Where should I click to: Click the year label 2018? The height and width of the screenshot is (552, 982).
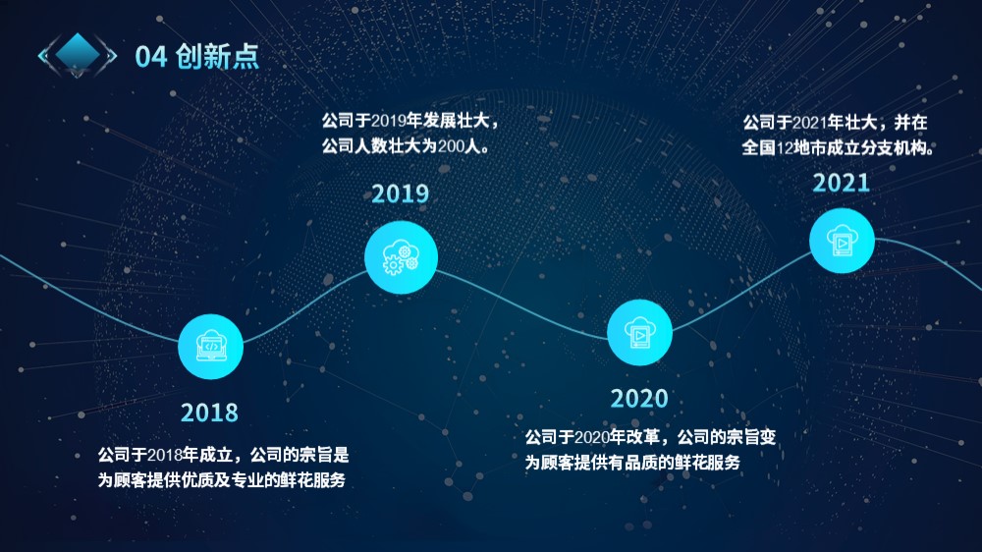[x=209, y=413]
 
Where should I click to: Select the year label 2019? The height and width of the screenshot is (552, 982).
[x=401, y=193]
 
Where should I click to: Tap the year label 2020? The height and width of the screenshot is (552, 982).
[x=639, y=399]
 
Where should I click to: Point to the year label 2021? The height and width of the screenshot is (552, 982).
[x=842, y=183]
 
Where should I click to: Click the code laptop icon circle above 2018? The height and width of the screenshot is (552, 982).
[x=210, y=347]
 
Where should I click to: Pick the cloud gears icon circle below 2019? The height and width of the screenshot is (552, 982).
[x=401, y=257]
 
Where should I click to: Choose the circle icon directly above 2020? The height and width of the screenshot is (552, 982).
[x=639, y=333]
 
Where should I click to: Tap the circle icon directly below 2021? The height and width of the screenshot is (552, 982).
[x=842, y=241]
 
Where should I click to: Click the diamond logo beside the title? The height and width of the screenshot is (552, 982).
[x=78, y=54]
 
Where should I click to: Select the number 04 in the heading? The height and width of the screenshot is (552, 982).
[x=151, y=57]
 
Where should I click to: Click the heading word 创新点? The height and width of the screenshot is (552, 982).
[x=217, y=56]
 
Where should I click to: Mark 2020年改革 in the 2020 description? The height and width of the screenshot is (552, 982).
[x=617, y=437]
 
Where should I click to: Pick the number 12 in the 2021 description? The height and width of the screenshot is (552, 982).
[x=785, y=148]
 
